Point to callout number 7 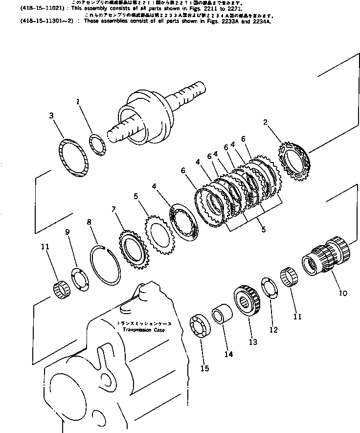click(113, 210)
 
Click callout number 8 click(89, 222)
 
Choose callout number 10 click(342, 293)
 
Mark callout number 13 click(252, 342)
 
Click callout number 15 click(205, 368)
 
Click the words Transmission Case click(143, 330)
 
